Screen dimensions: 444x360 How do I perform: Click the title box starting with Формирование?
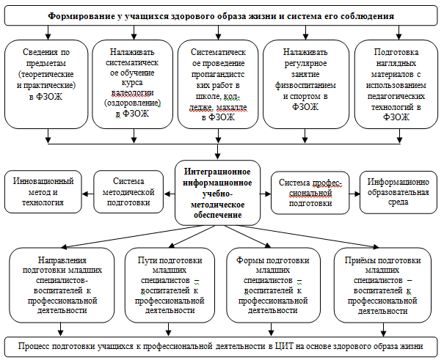pyautogui.click(x=221, y=15)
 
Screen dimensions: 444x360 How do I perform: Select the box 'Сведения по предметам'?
pyautogui.click(x=46, y=84)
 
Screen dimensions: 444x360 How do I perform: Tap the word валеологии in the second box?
pyautogui.click(x=133, y=93)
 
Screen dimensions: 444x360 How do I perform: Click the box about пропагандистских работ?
pyautogui.click(x=218, y=84)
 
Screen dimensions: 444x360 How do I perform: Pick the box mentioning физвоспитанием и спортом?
pyautogui.click(x=306, y=84)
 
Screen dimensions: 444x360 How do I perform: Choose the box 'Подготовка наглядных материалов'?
pyautogui.click(x=396, y=84)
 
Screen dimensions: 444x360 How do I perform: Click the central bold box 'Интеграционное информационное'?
pyautogui.click(x=217, y=193)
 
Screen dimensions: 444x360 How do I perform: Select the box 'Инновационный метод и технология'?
pyautogui.click(x=43, y=192)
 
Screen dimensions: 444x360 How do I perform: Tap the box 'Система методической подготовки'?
pyautogui.click(x=128, y=192)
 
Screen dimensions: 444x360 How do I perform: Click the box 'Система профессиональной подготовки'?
pyautogui.click(x=310, y=193)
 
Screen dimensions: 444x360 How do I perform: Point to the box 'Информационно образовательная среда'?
pyautogui.click(x=398, y=192)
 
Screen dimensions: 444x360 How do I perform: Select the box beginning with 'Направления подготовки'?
pyautogui.click(x=62, y=285)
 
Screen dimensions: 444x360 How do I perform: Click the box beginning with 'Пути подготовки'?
pyautogui.click(x=170, y=285)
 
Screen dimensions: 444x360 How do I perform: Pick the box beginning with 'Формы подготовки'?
pyautogui.click(x=273, y=285)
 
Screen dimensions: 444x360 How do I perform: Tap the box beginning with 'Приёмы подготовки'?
pyautogui.click(x=382, y=285)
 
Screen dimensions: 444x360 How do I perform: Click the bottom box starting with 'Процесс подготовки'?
pyautogui.click(x=221, y=347)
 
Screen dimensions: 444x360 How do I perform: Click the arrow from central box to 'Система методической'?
pyautogui.click(x=170, y=194)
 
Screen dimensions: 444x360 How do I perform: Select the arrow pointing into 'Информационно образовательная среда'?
pyautogui.click(x=354, y=194)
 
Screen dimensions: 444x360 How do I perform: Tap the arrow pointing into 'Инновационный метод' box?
pyautogui.click(x=88, y=194)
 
